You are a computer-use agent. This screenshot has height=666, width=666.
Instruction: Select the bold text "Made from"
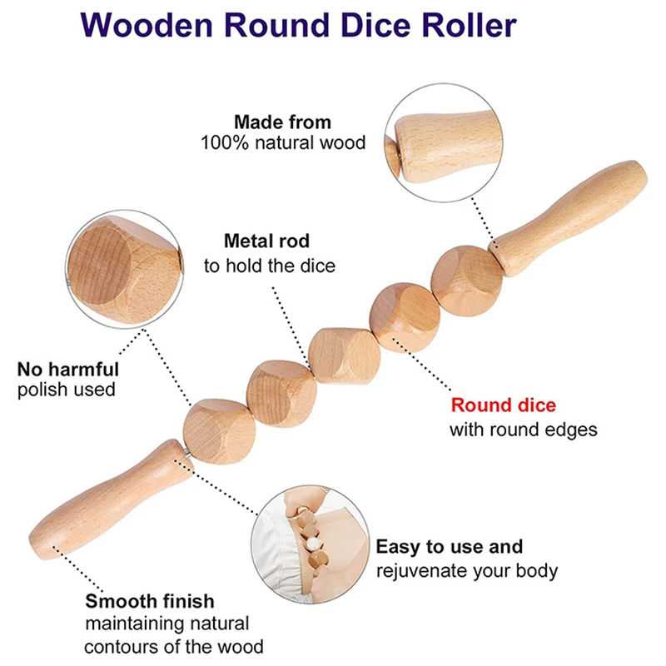click(x=282, y=122)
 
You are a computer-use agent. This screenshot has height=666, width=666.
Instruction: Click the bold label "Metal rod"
click(x=266, y=241)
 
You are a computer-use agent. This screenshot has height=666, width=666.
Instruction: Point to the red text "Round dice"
click(x=503, y=405)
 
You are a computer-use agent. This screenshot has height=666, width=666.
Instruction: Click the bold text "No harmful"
click(x=68, y=368)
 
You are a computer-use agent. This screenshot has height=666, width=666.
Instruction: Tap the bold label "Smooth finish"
click(x=150, y=601)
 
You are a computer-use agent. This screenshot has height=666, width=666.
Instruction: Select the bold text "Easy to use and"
click(x=450, y=547)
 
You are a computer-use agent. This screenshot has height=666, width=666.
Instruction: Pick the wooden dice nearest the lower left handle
click(x=216, y=431)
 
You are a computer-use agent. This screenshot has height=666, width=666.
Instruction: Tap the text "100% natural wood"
click(x=283, y=142)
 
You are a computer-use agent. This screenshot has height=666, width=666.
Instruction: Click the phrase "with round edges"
click(x=523, y=430)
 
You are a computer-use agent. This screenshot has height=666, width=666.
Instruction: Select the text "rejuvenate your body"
click(x=466, y=571)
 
